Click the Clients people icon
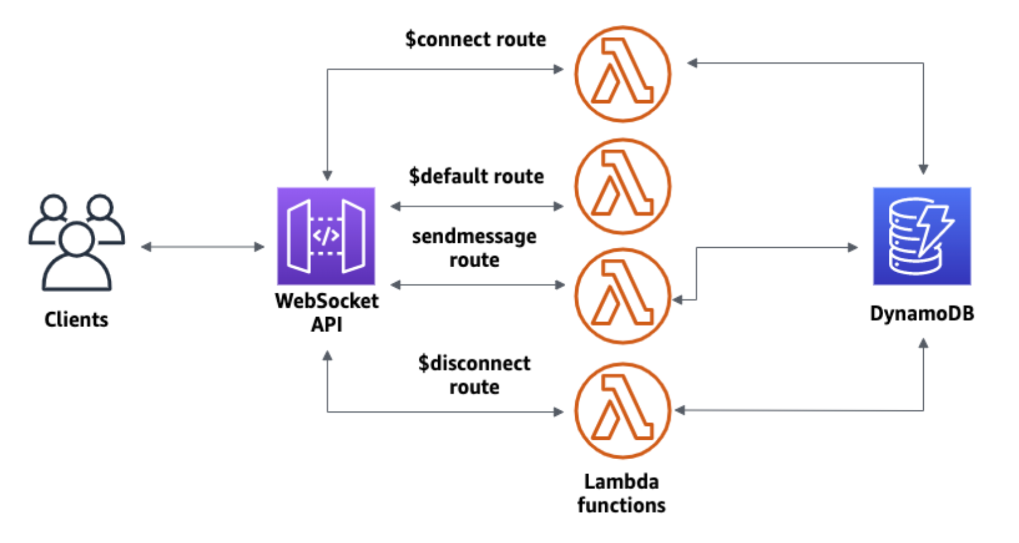[x=76, y=243]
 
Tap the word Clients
[x=76, y=320]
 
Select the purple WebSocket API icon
[x=326, y=236]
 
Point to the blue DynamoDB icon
[x=922, y=236]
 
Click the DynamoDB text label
[x=922, y=313]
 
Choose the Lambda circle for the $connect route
[x=623, y=74]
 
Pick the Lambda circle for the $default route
[x=623, y=186]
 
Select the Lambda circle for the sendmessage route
[x=623, y=296]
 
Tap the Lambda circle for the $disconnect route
[x=623, y=411]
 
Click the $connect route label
[x=476, y=39]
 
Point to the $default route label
[x=476, y=176]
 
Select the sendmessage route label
[x=474, y=248]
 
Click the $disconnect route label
[x=474, y=375]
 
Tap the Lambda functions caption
[x=622, y=494]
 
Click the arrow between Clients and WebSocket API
[x=203, y=247]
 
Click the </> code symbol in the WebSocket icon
[x=326, y=236]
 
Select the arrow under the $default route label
[x=477, y=206]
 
